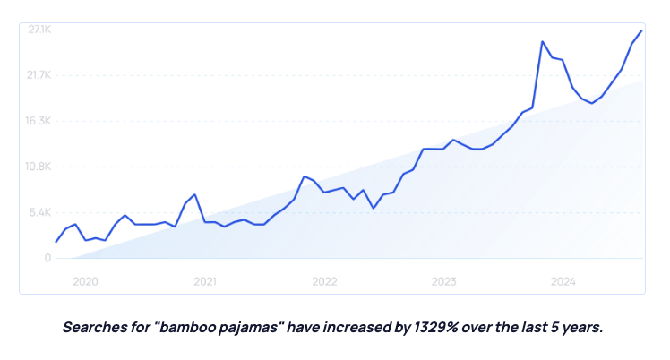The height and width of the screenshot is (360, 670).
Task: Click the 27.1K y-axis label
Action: point(39,30)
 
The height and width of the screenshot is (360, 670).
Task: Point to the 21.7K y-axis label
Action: point(39,75)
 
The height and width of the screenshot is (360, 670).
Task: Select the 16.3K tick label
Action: point(39,121)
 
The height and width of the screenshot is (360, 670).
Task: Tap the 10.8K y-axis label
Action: point(39,167)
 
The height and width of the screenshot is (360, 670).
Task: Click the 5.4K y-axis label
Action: point(41,212)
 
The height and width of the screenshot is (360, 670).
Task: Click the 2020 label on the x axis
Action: point(85,281)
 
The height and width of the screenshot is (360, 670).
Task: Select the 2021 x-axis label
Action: point(205,281)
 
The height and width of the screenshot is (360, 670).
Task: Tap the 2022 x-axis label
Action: point(324,281)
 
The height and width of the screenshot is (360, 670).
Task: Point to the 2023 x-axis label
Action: point(443,281)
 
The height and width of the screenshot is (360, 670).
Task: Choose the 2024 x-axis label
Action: point(563,281)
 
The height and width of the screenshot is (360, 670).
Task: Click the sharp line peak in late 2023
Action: point(543,41)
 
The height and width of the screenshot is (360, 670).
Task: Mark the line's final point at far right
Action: point(641,31)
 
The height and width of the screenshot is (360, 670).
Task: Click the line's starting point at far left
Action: point(56,242)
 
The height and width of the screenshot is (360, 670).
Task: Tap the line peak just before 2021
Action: point(194,194)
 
